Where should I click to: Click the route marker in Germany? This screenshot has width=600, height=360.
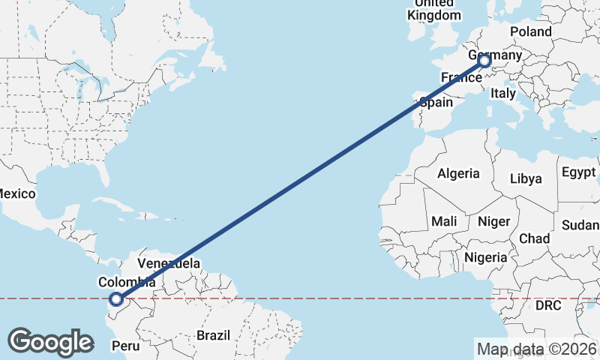(x=484, y=61)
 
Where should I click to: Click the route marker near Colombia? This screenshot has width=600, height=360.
(x=116, y=299)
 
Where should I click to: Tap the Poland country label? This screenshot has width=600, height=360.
(x=530, y=31)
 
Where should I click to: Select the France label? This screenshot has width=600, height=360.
(x=460, y=77)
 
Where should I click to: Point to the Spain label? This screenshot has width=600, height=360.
(x=436, y=102)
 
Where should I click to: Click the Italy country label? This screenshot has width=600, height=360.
(x=502, y=94)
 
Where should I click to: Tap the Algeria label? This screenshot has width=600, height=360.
(x=458, y=173)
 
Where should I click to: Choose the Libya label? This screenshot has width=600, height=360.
(x=525, y=178)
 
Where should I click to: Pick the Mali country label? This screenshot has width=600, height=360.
(x=444, y=221)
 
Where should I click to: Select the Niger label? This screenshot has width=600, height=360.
(x=493, y=221)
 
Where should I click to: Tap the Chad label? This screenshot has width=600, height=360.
(x=534, y=238)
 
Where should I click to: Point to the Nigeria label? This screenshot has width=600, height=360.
(x=486, y=257)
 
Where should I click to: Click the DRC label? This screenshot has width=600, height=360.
(x=548, y=305)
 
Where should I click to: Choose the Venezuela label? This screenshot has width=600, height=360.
(x=169, y=264)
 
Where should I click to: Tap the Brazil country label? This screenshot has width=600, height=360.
(x=214, y=335)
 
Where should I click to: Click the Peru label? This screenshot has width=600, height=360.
(x=125, y=346)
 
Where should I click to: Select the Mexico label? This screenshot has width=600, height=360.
(x=16, y=193)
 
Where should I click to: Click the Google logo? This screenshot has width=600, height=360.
(x=50, y=341)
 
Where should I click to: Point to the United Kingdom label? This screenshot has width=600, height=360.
(x=434, y=9)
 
